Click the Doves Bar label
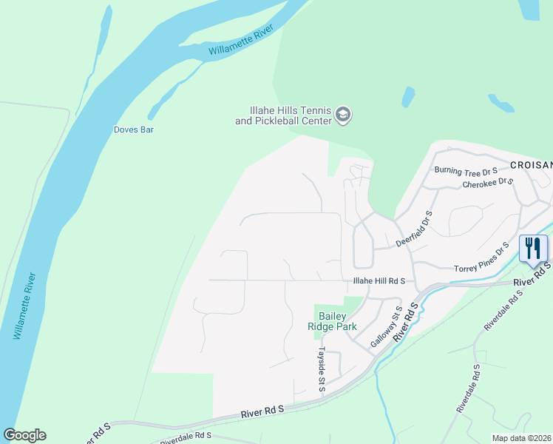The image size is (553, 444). pyautogui.click(x=133, y=129)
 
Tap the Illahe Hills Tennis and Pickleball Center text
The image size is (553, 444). pyautogui.click(x=283, y=115)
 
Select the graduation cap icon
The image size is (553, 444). pyautogui.click(x=342, y=115)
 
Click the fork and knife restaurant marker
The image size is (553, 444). pyautogui.click(x=533, y=248)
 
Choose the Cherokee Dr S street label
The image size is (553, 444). pyautogui.click(x=487, y=182)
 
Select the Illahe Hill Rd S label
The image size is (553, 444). pyautogui.click(x=379, y=280)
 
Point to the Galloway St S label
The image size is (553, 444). pyautogui.click(x=385, y=327)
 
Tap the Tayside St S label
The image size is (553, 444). pyautogui.click(x=322, y=369)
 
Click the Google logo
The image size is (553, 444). pyautogui.click(x=24, y=435)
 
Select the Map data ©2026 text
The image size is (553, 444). pyautogui.click(x=520, y=438)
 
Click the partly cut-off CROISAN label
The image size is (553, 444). pyautogui.click(x=531, y=164)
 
